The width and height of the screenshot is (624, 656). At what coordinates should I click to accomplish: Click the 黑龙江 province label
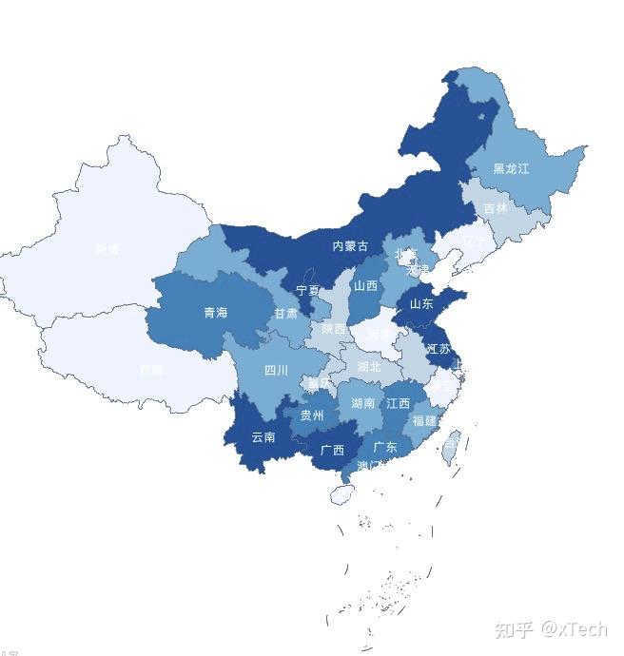(511, 169)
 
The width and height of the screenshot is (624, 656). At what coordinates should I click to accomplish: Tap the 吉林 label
(496, 208)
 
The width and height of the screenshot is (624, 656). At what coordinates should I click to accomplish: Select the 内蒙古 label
(350, 246)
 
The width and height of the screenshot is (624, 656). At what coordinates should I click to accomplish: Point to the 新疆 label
(107, 250)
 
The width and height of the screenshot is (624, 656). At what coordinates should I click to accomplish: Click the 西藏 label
(150, 371)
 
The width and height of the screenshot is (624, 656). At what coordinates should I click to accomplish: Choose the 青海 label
(215, 313)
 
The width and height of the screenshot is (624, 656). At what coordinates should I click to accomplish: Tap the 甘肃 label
(285, 313)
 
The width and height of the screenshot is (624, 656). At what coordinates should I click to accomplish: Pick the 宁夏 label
(307, 290)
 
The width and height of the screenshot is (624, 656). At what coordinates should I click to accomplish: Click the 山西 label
(365, 285)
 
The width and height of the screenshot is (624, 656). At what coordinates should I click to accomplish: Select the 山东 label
(420, 304)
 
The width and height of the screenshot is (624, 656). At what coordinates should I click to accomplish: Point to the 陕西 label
(333, 329)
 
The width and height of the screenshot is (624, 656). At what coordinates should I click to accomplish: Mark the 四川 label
(276, 371)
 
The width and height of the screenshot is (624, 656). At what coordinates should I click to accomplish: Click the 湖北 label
(368, 367)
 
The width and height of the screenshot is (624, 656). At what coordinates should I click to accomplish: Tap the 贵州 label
(312, 415)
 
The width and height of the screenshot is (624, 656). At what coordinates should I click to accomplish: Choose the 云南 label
(263, 437)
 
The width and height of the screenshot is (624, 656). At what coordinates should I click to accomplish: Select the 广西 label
(332, 450)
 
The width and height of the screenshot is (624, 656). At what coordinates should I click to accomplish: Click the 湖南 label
(362, 404)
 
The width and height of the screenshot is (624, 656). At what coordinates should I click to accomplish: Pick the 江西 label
(398, 404)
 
